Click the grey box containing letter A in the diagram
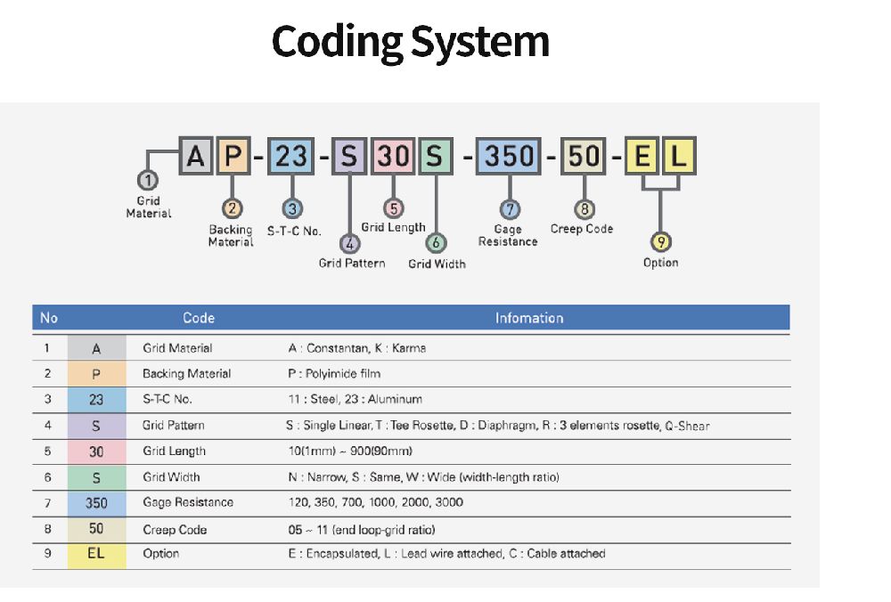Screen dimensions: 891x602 pyautogui.click(x=195, y=156)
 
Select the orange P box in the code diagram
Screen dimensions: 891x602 pyautogui.click(x=233, y=156)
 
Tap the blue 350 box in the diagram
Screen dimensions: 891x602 pyautogui.click(x=509, y=156)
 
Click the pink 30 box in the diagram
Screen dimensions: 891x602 pyautogui.click(x=393, y=156)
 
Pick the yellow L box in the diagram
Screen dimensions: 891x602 pyautogui.click(x=678, y=156)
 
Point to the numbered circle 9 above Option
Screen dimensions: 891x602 pyautogui.click(x=661, y=242)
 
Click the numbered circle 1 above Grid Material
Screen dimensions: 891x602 pyautogui.click(x=148, y=181)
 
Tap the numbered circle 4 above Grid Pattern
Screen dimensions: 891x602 pyautogui.click(x=350, y=244)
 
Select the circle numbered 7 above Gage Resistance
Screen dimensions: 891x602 pyautogui.click(x=510, y=209)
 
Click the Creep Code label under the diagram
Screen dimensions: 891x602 pyautogui.click(x=582, y=229)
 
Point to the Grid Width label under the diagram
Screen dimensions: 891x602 pyautogui.click(x=437, y=264)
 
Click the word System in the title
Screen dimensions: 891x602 pyautogui.click(x=480, y=42)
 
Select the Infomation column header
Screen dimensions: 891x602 pyautogui.click(x=529, y=318)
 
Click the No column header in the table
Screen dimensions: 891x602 pyautogui.click(x=49, y=318)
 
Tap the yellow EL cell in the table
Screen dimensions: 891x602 pyautogui.click(x=96, y=556)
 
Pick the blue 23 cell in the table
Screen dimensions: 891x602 pyautogui.click(x=96, y=400)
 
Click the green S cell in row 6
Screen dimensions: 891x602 pyautogui.click(x=96, y=477)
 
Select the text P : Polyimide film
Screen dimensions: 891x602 pyautogui.click(x=334, y=374)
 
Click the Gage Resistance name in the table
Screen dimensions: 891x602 pyautogui.click(x=188, y=502)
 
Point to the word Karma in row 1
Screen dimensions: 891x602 pyautogui.click(x=409, y=348)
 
